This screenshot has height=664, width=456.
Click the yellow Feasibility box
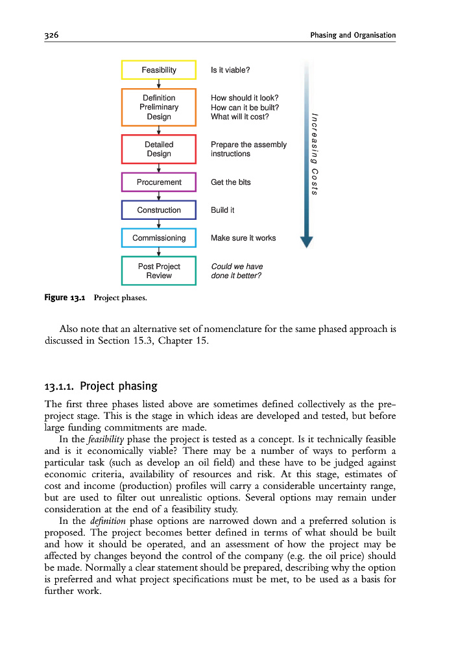159,70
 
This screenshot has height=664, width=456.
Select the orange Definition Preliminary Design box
159,108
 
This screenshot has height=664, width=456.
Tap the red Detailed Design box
159,149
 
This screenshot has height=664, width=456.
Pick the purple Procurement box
159,182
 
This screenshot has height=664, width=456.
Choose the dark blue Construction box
159,210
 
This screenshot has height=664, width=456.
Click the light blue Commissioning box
159,238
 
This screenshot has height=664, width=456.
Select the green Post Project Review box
159,271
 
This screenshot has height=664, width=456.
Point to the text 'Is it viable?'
230,70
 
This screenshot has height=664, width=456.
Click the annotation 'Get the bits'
230,182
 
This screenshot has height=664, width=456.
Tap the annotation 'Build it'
222,210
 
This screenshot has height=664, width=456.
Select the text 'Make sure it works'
243,238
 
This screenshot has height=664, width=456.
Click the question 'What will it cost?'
239,117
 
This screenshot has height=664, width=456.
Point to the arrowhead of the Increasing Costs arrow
307,241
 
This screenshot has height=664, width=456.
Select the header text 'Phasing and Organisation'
353,34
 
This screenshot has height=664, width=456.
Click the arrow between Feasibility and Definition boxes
159,84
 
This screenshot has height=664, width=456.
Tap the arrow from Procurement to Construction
159,196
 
